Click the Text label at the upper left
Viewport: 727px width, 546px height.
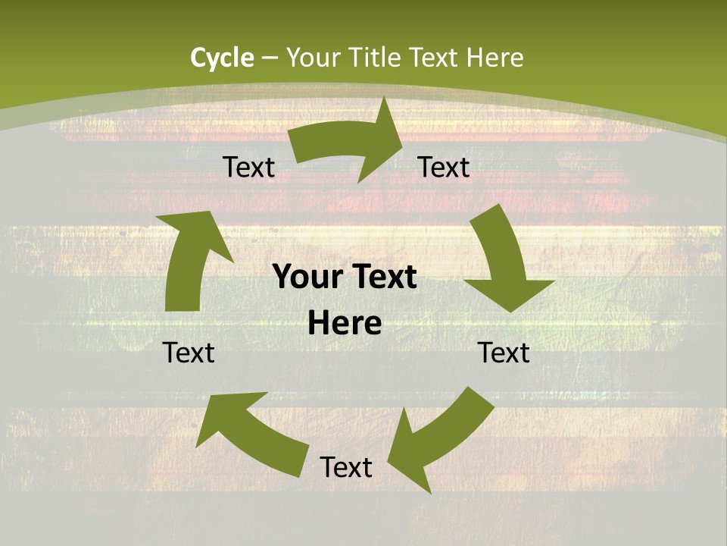248,168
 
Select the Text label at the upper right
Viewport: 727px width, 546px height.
444,167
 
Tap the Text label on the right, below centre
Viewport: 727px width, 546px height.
504,353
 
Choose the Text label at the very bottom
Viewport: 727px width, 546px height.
346,468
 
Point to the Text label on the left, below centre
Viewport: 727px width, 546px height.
189,353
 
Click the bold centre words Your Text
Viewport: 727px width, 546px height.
345,278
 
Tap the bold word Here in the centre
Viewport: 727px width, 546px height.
345,324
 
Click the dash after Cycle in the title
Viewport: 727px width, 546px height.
270,58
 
